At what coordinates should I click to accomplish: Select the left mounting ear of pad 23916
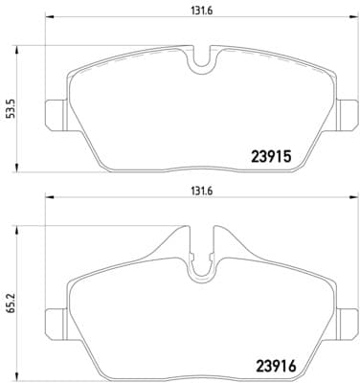56,317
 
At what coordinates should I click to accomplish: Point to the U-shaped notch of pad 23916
201,270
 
